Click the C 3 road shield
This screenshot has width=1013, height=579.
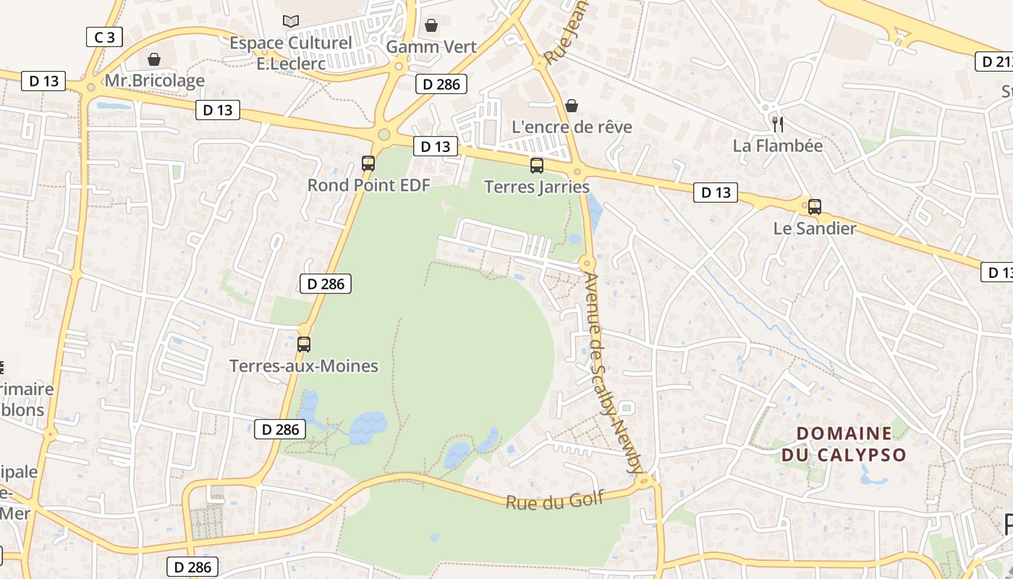point(104,37)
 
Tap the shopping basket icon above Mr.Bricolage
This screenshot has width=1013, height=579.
point(154,59)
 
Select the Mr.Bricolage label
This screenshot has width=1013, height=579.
point(155,80)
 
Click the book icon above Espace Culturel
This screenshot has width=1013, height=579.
point(291,22)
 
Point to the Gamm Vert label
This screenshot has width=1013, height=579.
point(431,47)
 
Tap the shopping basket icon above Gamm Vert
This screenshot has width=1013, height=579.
point(431,25)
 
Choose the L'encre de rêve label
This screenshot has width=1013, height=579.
point(572,127)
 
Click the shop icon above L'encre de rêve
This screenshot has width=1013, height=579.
point(572,106)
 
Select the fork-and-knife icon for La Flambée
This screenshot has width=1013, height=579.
point(778,124)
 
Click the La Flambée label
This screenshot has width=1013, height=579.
point(778,145)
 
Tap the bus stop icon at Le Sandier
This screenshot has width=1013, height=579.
point(815,207)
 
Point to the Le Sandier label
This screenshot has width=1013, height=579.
point(815,229)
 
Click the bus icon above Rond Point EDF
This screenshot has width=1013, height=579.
point(368,164)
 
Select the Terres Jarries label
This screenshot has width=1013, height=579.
point(537,187)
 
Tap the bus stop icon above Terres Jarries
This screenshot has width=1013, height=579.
point(537,166)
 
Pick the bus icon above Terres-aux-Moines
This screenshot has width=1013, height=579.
point(304,345)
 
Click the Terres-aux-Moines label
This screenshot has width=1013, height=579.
point(304,366)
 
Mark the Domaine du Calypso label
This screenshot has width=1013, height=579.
point(844,444)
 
